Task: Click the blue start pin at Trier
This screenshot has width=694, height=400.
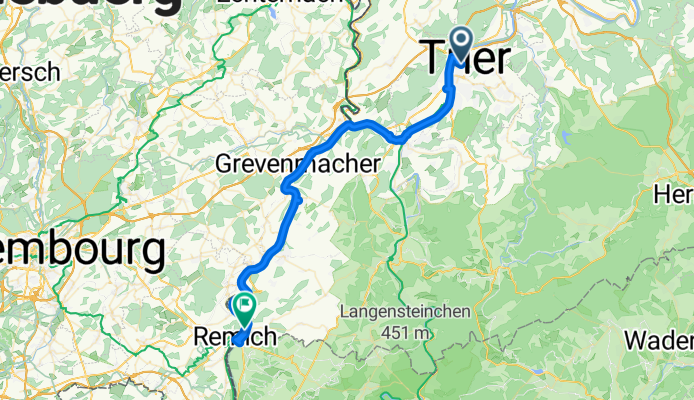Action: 462,43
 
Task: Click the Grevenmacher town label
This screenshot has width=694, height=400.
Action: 299,163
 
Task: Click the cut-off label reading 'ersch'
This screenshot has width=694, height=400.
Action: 30,73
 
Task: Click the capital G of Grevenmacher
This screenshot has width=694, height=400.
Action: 225,163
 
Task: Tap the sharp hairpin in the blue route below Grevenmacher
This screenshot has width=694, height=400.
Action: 286,185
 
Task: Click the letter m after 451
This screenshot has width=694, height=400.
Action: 426,332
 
